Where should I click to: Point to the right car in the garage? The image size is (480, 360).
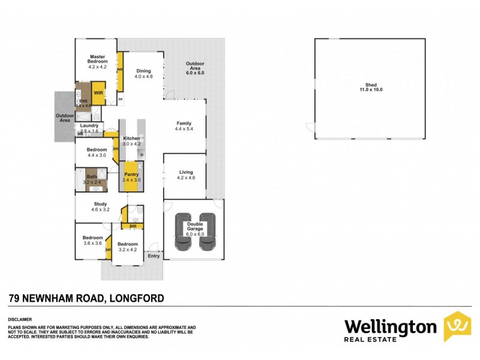point(208,232)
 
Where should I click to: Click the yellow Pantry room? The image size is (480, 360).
point(131,177)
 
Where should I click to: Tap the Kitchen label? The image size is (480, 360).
point(131,141)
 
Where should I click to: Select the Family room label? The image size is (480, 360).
point(183,125)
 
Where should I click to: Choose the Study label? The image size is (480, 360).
point(100,207)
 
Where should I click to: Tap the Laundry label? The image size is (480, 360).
point(89,127)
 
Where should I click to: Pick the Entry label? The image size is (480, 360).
point(154,256)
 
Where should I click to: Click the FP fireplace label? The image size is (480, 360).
point(120,99)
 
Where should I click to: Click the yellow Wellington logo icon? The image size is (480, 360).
point(457,326)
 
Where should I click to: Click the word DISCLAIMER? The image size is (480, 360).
point(20,320)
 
